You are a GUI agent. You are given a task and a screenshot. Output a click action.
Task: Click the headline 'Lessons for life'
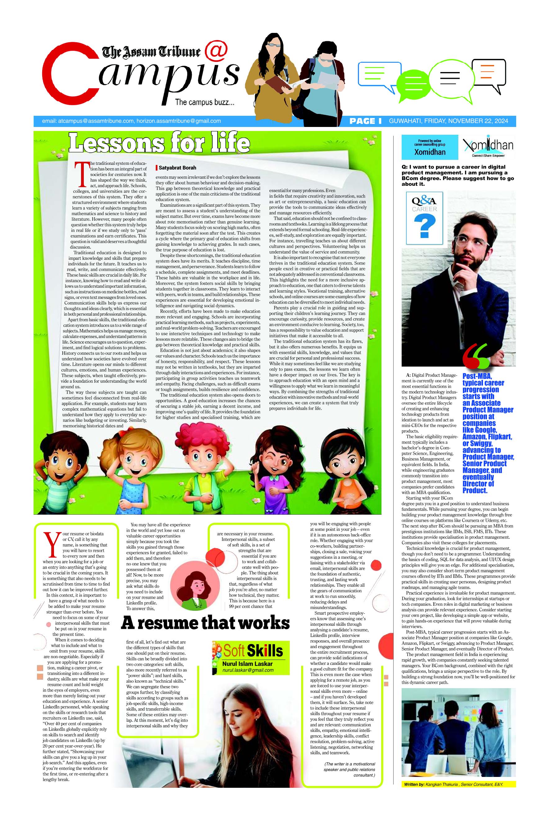159,143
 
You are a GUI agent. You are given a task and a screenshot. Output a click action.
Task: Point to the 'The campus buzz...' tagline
205,102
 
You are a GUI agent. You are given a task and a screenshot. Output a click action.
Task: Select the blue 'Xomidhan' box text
430,152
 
